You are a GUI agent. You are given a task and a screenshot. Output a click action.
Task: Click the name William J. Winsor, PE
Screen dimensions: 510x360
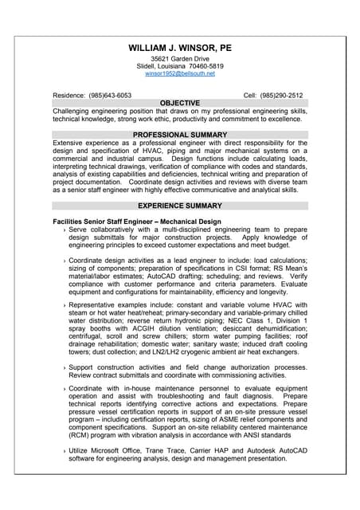point(180,47)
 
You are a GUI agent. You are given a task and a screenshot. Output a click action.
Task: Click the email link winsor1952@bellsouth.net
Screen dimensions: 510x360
point(180,73)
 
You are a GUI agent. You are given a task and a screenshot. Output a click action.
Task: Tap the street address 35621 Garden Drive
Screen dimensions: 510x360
point(180,59)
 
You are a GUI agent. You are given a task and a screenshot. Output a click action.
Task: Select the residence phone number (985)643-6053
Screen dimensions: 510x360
point(111,95)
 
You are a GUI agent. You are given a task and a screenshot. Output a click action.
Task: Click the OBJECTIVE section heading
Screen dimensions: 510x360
point(180,103)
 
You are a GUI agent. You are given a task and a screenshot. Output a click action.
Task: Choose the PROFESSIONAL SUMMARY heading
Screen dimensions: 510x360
point(180,135)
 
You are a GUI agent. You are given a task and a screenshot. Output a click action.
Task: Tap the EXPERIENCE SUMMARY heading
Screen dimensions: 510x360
point(180,206)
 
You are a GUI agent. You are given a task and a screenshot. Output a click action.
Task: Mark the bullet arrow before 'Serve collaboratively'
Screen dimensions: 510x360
point(64,229)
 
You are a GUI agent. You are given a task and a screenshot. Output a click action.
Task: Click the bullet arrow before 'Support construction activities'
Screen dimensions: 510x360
point(64,367)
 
